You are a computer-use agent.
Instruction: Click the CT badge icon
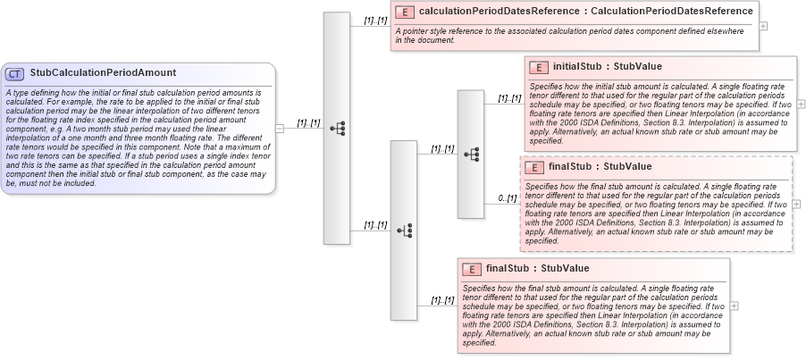click(x=15, y=73)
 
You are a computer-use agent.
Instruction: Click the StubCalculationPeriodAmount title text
click(x=103, y=73)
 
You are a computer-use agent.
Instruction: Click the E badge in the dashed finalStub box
click(x=533, y=167)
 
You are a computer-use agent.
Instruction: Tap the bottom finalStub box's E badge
click(x=471, y=269)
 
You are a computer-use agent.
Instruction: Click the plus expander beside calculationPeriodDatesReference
click(x=762, y=26)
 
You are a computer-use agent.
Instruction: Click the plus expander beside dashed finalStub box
click(x=797, y=204)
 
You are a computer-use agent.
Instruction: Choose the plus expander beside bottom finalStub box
click(x=735, y=306)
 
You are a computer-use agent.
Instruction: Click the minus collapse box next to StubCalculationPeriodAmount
click(x=280, y=128)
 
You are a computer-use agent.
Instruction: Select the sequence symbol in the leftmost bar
click(x=337, y=128)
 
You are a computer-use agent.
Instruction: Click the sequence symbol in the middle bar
click(x=403, y=230)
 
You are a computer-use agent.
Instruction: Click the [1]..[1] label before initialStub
click(x=508, y=98)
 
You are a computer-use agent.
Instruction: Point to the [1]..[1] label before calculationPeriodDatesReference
click(x=374, y=20)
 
